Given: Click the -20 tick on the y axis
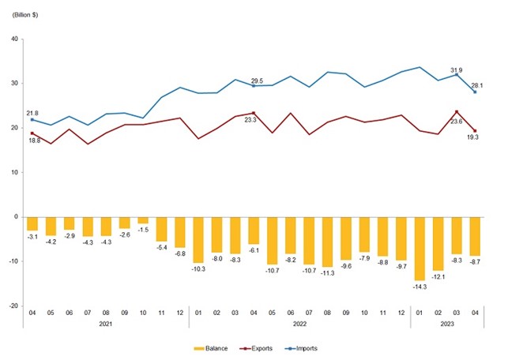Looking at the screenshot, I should coord(13,305).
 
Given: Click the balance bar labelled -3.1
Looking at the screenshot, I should coord(32,223).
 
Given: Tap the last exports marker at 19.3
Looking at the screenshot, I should coord(475,131).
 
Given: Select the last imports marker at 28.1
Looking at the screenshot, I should coord(475,92).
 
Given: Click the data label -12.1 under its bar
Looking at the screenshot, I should coord(438,276).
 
